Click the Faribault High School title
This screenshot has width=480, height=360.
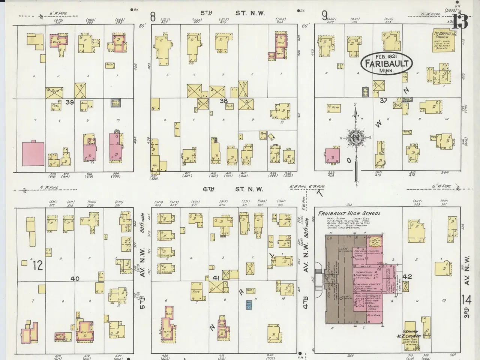point(349,213)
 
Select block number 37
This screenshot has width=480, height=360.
point(383,100)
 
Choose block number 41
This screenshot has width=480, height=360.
point(216,278)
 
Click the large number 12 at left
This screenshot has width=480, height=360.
point(38,265)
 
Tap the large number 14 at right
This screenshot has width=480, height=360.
point(467,301)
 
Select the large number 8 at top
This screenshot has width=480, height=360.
point(153,16)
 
